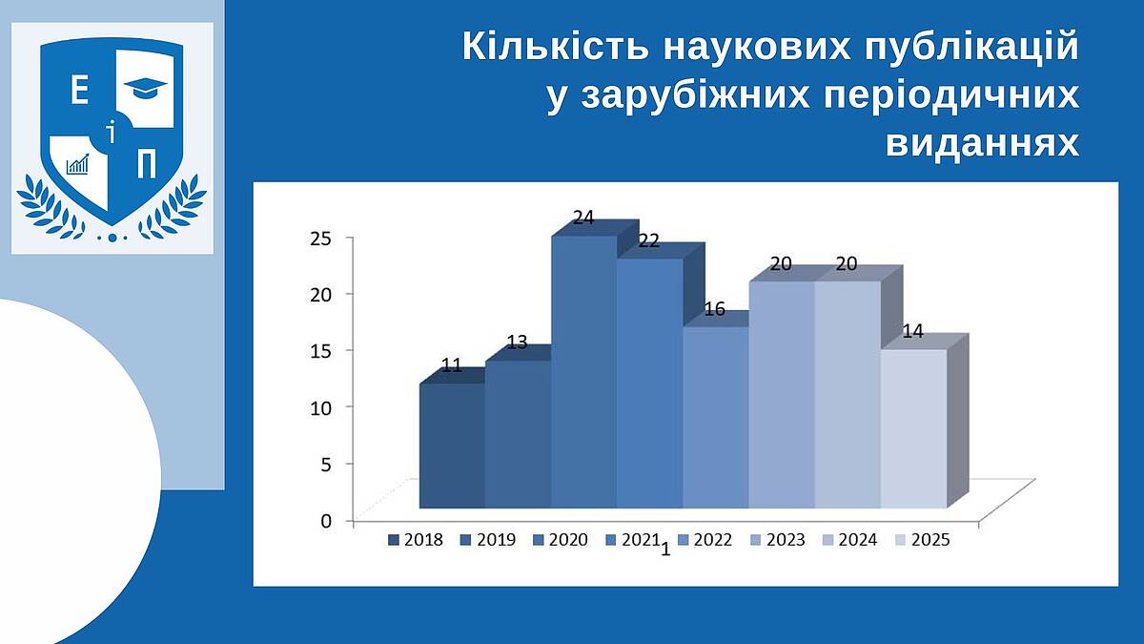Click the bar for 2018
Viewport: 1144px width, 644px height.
(452, 446)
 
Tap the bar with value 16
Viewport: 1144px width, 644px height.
(716, 417)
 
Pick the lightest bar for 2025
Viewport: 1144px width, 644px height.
(913, 428)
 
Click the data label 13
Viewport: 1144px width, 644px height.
(517, 343)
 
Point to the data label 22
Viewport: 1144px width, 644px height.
(648, 240)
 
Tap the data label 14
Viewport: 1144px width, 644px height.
(913, 332)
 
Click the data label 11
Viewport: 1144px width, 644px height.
(452, 365)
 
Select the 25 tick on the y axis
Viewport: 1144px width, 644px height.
(320, 239)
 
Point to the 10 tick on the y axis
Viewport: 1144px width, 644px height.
(320, 408)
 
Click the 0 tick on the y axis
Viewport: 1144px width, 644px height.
(326, 521)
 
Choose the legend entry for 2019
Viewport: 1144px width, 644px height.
(489, 540)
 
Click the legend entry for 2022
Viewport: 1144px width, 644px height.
(705, 540)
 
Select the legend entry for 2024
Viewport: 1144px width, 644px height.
(849, 540)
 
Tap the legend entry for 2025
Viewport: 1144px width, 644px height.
(923, 540)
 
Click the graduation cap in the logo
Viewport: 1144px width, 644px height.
(146, 88)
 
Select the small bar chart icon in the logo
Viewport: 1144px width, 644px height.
(77, 164)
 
